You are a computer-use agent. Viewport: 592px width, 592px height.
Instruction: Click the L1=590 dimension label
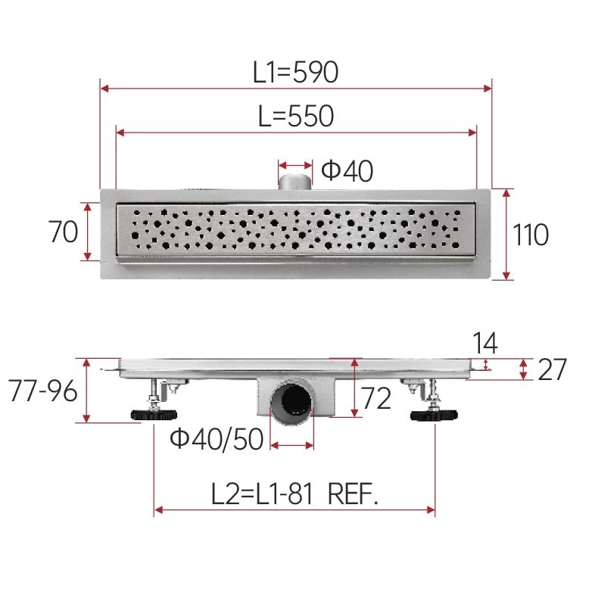[295, 72]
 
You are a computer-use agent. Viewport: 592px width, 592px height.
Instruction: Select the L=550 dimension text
[296, 116]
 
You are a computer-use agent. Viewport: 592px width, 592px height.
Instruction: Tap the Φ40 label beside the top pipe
[347, 170]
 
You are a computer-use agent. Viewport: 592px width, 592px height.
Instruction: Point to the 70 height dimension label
[63, 232]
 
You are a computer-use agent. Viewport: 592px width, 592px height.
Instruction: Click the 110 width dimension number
[531, 235]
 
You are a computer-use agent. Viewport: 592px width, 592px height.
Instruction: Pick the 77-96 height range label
[42, 391]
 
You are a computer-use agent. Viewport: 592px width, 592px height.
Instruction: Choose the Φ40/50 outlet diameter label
[217, 439]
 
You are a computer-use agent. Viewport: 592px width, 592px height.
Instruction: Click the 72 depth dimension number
[376, 398]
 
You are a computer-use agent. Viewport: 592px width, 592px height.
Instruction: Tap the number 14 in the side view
[485, 343]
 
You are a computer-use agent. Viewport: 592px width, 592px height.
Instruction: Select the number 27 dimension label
[552, 369]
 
